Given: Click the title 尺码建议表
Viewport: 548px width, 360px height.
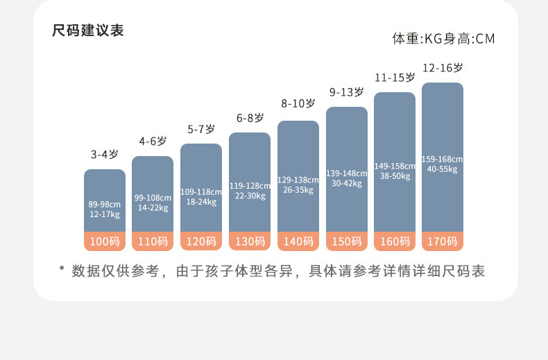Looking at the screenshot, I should click(x=88, y=31).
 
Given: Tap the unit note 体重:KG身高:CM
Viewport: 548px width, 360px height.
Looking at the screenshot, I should click(x=443, y=39).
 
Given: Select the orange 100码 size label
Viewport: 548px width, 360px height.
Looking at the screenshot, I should click(x=105, y=241).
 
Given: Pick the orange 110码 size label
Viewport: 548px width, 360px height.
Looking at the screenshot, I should click(x=153, y=241).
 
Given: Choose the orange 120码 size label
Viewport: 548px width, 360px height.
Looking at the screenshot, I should click(x=201, y=241).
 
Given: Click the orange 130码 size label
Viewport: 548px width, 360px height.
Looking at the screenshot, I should click(x=250, y=241).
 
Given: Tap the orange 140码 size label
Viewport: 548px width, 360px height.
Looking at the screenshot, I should click(x=298, y=241).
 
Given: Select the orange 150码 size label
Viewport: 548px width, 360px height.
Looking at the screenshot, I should click(x=347, y=241).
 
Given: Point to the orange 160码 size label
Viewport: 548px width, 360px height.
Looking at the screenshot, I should click(x=395, y=241).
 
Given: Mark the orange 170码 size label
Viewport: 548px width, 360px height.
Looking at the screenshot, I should click(x=443, y=241).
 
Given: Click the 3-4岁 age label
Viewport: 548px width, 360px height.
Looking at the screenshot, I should click(x=105, y=154).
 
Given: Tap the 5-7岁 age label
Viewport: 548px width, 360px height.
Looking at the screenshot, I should click(x=201, y=129).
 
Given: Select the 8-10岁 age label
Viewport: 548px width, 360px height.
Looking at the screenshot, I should click(x=298, y=103).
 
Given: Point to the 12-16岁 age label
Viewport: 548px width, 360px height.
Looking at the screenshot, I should click(x=443, y=68).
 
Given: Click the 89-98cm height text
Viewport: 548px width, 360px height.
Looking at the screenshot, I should click(x=105, y=204).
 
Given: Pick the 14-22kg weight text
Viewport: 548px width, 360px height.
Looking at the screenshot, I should click(x=153, y=207).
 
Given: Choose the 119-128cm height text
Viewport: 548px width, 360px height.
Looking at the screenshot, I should click(x=250, y=186).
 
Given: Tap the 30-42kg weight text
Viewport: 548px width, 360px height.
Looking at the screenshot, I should click(x=347, y=183).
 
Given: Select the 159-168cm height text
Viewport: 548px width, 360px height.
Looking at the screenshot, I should click(x=443, y=159).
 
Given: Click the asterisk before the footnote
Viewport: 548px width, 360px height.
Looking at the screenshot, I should click(x=61, y=270).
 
